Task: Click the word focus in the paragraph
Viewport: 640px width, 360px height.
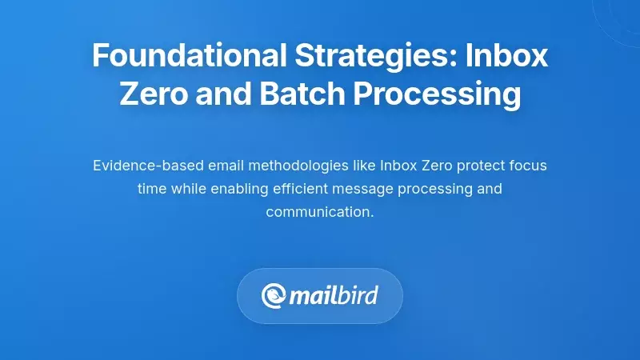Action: tap(527, 166)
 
